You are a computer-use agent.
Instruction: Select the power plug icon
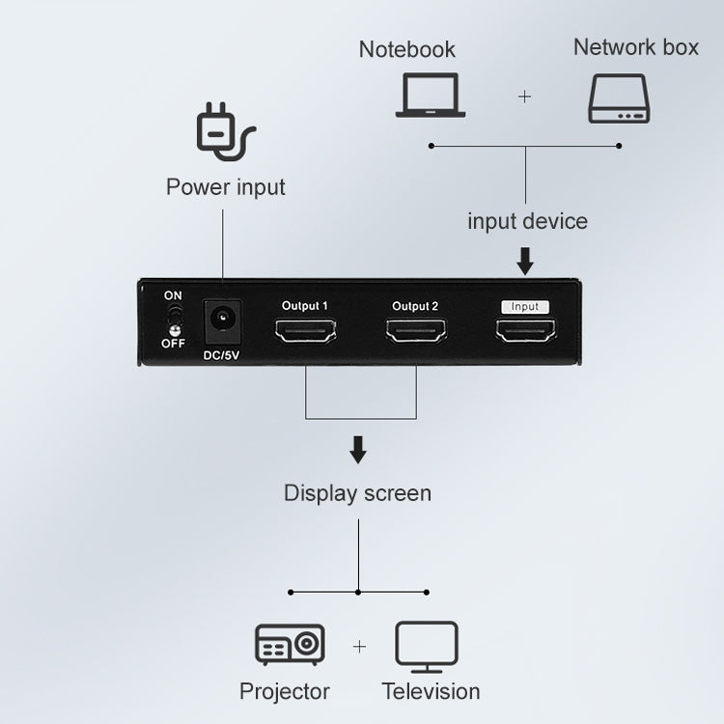(225, 134)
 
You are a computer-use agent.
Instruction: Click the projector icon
(290, 644)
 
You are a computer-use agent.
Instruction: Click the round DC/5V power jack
(222, 320)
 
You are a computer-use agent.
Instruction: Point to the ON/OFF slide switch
(175, 320)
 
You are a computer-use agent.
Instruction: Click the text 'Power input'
(226, 186)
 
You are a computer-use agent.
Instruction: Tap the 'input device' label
(527, 221)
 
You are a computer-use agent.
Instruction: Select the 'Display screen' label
(357, 493)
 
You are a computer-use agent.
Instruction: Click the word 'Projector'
(285, 691)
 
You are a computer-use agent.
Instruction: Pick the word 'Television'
(431, 691)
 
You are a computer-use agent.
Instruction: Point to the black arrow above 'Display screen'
(358, 450)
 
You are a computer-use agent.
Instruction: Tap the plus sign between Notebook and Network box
(525, 97)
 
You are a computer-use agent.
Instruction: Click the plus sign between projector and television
(359, 647)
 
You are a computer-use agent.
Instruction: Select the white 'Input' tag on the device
(525, 306)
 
